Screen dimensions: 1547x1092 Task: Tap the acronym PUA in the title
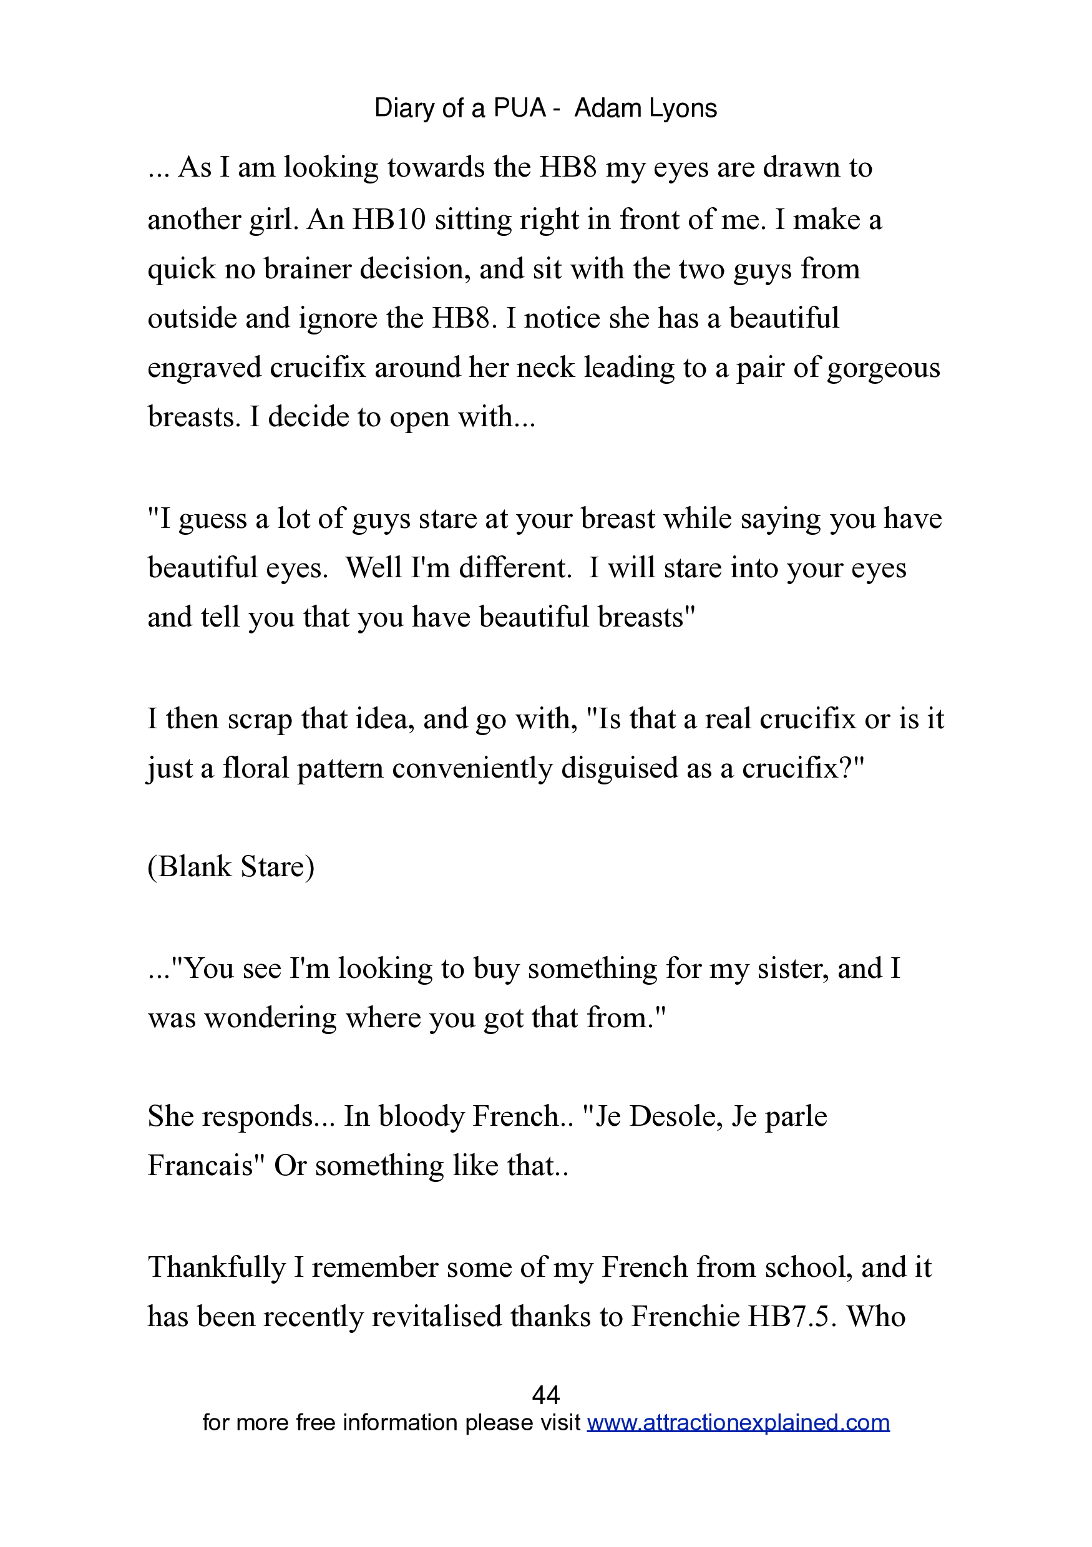[519, 109]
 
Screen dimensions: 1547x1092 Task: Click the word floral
[256, 768]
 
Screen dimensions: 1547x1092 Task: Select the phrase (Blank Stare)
[231, 867]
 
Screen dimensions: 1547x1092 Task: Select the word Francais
[202, 1166]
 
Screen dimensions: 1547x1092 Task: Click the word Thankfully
[217, 1267]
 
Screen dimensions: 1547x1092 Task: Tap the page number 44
[545, 1394]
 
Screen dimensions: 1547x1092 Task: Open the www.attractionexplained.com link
[738, 1422]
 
